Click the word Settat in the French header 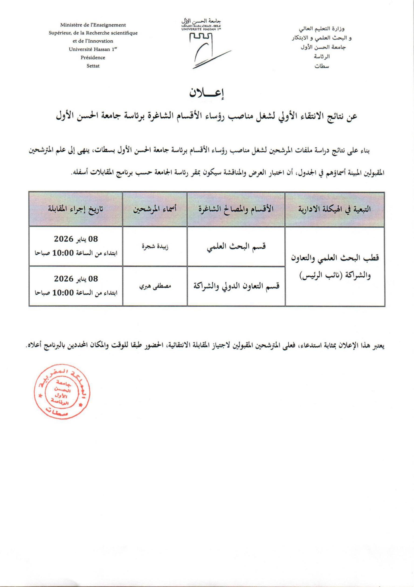(x=93, y=66)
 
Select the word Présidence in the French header (x=93, y=58)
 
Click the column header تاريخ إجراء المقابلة (x=76, y=209)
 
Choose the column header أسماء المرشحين (x=155, y=209)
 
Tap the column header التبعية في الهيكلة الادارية (x=335, y=209)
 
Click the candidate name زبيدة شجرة (x=155, y=246)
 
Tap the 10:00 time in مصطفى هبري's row (x=63, y=293)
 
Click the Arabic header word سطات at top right (x=322, y=66)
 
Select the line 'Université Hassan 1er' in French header (x=93, y=49)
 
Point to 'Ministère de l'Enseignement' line (x=93, y=25)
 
